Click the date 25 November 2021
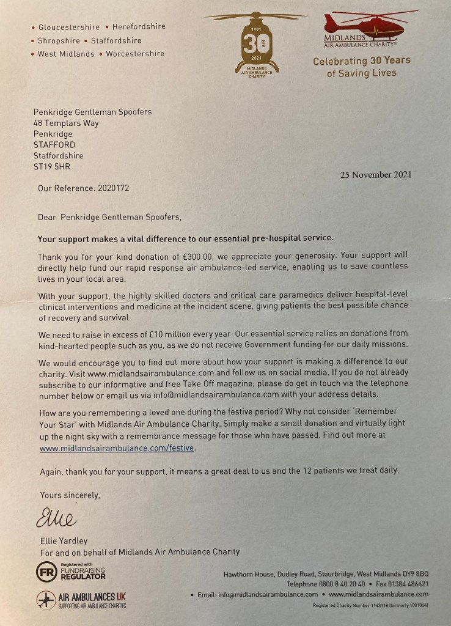click(x=375, y=175)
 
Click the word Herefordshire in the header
click(x=139, y=27)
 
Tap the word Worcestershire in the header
click(x=135, y=54)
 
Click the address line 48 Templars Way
click(x=66, y=123)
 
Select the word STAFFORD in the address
click(x=54, y=145)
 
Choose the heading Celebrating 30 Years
click(x=362, y=61)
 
